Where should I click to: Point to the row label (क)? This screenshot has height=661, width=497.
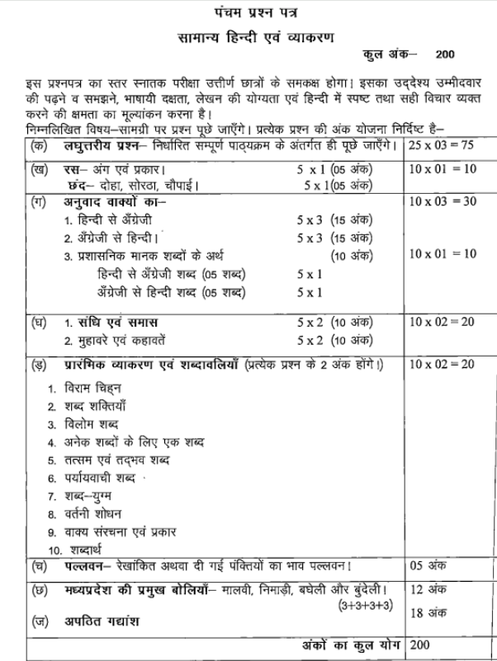tap(35, 148)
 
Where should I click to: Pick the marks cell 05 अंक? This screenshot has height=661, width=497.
tap(427, 567)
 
